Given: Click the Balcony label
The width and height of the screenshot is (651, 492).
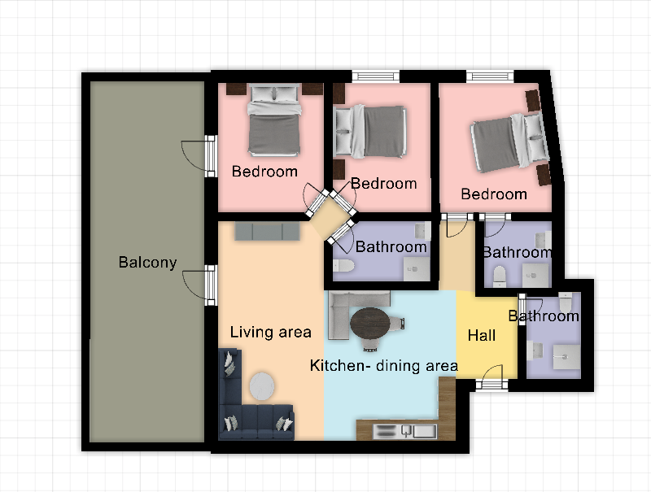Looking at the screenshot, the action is pyautogui.click(x=147, y=262).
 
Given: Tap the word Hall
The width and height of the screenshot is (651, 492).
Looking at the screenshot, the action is pyautogui.click(x=482, y=335).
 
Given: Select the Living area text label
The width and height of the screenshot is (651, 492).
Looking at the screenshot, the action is pyautogui.click(x=271, y=332).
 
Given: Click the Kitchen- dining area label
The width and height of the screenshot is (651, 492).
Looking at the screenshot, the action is pyautogui.click(x=384, y=365).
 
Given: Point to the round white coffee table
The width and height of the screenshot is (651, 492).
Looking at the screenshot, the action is pyautogui.click(x=262, y=386).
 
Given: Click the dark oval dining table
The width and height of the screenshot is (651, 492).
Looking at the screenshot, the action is pyautogui.click(x=370, y=324).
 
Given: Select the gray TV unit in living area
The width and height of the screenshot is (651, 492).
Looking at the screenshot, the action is pyautogui.click(x=267, y=232).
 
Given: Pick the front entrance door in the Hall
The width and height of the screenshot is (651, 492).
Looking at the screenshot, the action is pyautogui.click(x=492, y=378).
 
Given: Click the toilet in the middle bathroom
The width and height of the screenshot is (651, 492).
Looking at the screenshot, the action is pyautogui.click(x=343, y=265).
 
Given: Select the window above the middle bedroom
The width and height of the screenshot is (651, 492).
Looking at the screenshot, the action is pyautogui.click(x=376, y=76).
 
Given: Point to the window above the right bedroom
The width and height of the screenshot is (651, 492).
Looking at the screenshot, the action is pyautogui.click(x=491, y=76).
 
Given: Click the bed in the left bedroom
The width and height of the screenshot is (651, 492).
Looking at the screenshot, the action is pyautogui.click(x=274, y=120).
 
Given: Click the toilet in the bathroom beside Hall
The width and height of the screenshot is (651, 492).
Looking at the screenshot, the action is pyautogui.click(x=565, y=303).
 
